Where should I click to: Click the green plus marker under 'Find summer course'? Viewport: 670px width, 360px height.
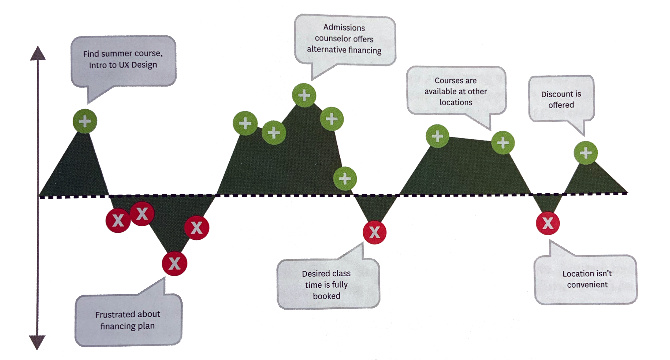85,121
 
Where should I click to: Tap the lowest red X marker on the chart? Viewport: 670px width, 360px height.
175,263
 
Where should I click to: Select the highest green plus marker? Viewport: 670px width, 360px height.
304,95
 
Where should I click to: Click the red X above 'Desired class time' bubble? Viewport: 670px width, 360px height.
374,232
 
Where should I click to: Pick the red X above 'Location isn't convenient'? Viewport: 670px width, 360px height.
548,223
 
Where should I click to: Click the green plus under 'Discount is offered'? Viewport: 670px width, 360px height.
586,153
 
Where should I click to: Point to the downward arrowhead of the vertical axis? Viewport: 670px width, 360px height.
37,342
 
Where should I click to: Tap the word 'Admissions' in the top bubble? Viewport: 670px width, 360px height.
344,28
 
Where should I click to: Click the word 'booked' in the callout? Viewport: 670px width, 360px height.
326,296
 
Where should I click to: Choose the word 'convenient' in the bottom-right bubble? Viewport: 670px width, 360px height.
587,285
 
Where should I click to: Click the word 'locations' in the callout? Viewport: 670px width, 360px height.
456,102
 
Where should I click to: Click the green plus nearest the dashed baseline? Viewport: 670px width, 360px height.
345,179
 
